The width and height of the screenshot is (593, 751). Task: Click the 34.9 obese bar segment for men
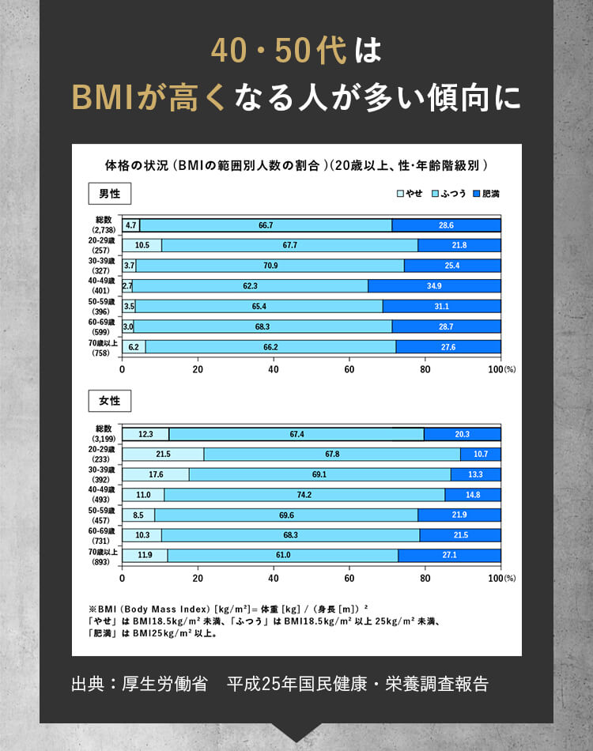pos(434,285)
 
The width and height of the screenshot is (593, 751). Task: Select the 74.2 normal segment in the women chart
pos(304,495)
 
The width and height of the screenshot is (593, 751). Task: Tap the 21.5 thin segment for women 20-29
pos(163,455)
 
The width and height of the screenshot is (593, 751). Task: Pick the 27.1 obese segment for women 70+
pos(449,555)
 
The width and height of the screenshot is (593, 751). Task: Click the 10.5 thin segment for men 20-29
pos(142,245)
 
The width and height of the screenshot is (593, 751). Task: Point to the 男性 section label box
pos(109,194)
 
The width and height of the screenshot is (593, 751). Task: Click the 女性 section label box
pos(109,401)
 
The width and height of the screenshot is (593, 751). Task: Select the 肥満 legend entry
pos(486,194)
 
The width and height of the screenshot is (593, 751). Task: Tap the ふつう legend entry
pos(448,194)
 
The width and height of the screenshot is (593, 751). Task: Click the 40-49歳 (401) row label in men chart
pos(104,285)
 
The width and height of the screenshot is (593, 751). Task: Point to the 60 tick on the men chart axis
pos(349,369)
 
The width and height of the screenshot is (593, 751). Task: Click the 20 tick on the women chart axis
pos(198,578)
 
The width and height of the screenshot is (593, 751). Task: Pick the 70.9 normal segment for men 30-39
pos(270,265)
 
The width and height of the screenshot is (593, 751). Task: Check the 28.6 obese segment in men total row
pos(446,225)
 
